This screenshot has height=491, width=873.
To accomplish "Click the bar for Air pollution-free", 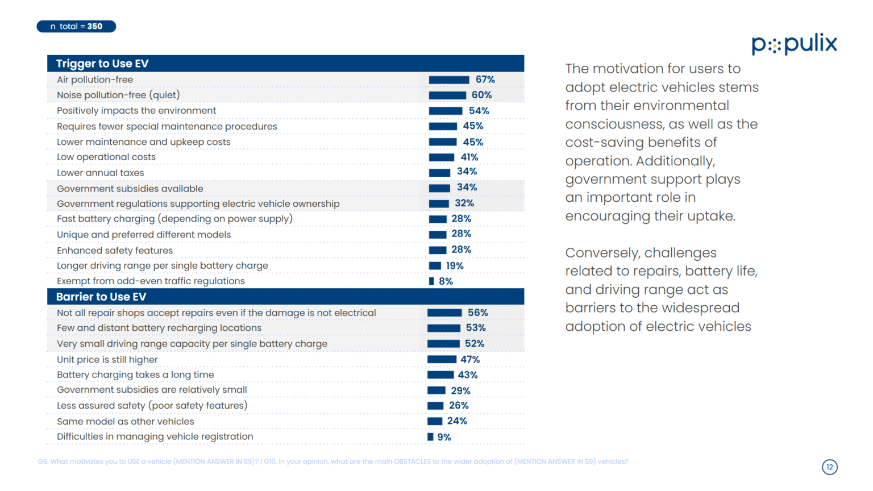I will pyautogui.click(x=448, y=80).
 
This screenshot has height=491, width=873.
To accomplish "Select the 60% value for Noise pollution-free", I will pyautogui.click(x=481, y=95).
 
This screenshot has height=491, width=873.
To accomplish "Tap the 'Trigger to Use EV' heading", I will pyautogui.click(x=102, y=64).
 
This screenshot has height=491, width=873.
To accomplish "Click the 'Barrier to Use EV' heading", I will pyautogui.click(x=101, y=297).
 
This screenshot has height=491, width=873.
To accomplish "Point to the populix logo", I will pyautogui.click(x=794, y=44).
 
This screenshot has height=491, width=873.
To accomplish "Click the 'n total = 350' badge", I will pyautogui.click(x=76, y=26).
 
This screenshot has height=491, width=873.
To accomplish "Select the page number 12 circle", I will pyautogui.click(x=829, y=467).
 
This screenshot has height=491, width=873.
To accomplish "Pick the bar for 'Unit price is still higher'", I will pyautogui.click(x=442, y=359).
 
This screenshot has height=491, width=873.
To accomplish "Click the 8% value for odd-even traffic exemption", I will pyautogui.click(x=446, y=281).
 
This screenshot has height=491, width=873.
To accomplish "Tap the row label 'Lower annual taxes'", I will pyautogui.click(x=101, y=173).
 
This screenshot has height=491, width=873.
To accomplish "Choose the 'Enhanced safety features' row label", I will pyautogui.click(x=115, y=251).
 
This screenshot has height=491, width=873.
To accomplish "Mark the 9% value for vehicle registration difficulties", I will pyautogui.click(x=444, y=437).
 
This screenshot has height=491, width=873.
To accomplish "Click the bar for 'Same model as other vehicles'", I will pyautogui.click(x=435, y=421).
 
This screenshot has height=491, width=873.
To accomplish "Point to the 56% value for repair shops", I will pyautogui.click(x=477, y=313).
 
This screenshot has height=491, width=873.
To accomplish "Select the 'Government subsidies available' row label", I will pyautogui.click(x=130, y=189).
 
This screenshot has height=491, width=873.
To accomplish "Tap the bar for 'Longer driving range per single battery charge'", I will pyautogui.click(x=435, y=265).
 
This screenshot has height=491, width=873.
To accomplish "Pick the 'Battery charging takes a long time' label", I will pyautogui.click(x=135, y=375).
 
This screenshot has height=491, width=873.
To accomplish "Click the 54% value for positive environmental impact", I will pyautogui.click(x=479, y=111).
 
